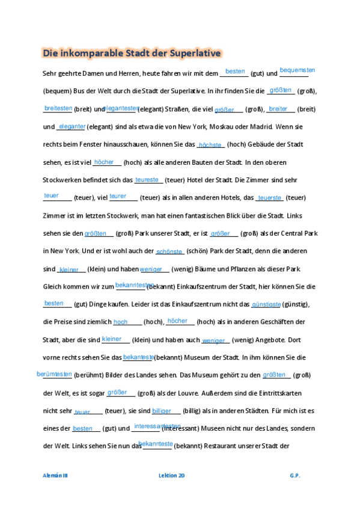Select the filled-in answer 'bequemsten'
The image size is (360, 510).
pyautogui.click(x=297, y=70)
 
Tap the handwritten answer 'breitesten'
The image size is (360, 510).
pyautogui.click(x=58, y=108)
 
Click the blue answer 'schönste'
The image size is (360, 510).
pyautogui.click(x=169, y=251)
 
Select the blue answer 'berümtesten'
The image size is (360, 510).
pyautogui.click(x=54, y=374)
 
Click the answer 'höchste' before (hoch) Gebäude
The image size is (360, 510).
pyautogui.click(x=210, y=145)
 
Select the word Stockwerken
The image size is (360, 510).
pyautogui.click(x=66, y=180)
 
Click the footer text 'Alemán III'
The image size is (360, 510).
pyautogui.click(x=55, y=475)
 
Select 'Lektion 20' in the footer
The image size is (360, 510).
pyautogui.click(x=171, y=475)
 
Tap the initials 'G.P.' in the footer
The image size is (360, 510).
pyautogui.click(x=294, y=475)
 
